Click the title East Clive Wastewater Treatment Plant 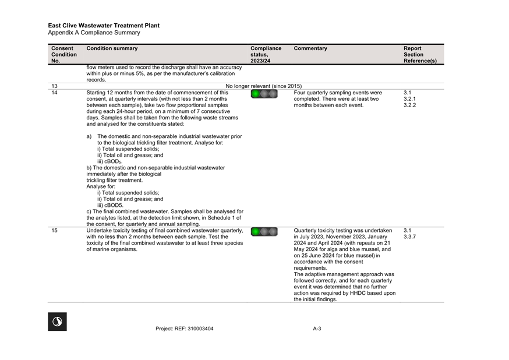point(104,26)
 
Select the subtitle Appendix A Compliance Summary point(94,33)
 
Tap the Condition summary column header point(112,49)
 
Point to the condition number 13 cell point(54,86)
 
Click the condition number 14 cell point(54,93)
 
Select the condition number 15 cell point(54,231)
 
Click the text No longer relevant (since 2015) point(264,86)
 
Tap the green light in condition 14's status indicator point(256,94)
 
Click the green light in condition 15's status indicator point(256,232)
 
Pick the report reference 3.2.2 point(409,105)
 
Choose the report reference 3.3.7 point(409,237)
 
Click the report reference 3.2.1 point(409,99)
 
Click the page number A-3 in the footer point(317,329)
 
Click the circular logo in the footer point(57,322)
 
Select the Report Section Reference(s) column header point(420,55)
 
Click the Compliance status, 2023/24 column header point(266,55)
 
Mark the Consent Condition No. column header point(64,55)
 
